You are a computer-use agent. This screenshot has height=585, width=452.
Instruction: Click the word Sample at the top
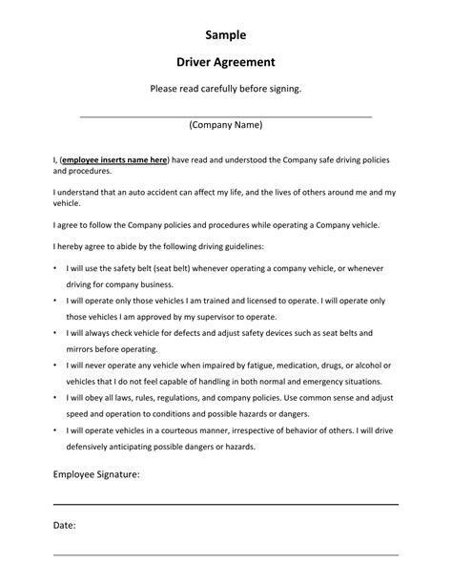[225, 35]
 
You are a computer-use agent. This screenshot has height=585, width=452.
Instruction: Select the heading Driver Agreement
[225, 63]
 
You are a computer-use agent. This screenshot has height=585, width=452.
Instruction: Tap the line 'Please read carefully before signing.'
[225, 89]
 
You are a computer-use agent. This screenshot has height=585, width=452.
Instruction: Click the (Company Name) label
[225, 125]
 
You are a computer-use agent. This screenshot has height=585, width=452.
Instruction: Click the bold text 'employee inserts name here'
[114, 159]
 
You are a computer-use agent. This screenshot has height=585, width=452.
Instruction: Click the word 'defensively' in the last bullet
[93, 447]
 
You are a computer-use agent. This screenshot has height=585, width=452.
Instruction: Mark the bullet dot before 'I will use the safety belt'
[55, 269]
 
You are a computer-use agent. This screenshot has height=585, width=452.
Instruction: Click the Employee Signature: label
[96, 473]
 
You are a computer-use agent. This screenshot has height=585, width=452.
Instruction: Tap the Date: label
[65, 526]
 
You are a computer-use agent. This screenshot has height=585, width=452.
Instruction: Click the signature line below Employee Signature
[225, 503]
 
